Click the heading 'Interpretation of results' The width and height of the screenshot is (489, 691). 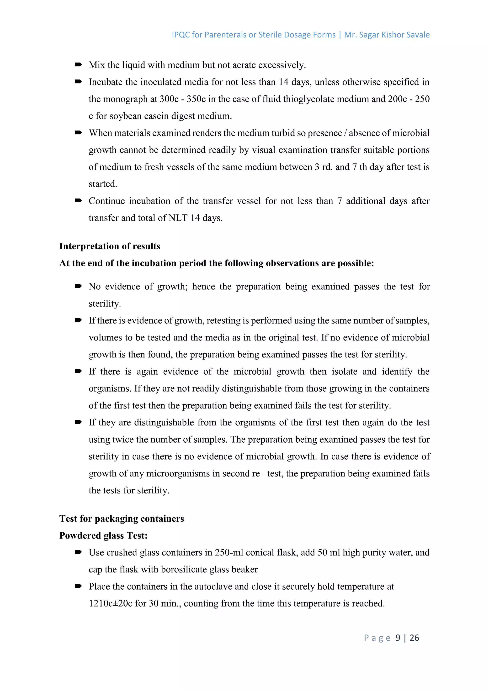click(110, 246)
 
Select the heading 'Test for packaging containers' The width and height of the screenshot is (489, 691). click(121, 518)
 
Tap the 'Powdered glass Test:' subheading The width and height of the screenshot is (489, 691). click(103, 536)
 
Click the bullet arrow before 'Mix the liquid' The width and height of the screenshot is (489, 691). click(78, 65)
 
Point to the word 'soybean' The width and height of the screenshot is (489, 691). click(125, 116)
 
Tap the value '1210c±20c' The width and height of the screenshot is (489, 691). click(111, 604)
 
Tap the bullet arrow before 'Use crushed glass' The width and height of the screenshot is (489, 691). click(78, 552)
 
